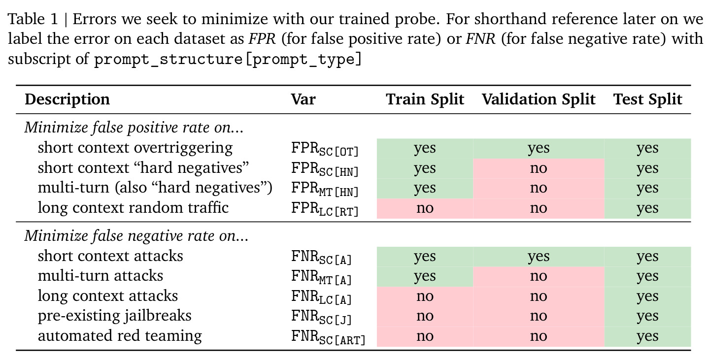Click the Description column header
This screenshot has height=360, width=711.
pos(68,99)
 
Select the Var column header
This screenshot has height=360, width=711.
pos(303,99)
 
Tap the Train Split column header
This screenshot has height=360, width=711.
pos(425,99)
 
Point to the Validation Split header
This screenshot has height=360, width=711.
pos(539,99)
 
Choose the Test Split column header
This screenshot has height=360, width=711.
pos(647,99)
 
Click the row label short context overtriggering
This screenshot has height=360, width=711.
pos(135,148)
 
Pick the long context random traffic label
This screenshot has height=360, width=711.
pos(134,208)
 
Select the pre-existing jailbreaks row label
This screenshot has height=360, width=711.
pos(115,316)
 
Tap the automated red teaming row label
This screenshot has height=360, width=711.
pos(120,336)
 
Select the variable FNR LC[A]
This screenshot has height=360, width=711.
pos(321,297)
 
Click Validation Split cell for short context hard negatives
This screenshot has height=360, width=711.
pos(539,168)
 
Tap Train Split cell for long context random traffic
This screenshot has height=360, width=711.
pos(425,208)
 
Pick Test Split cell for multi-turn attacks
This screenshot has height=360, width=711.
pos(647,276)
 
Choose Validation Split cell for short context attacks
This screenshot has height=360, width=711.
pos(539,257)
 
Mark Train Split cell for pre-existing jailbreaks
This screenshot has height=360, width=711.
pos(425,316)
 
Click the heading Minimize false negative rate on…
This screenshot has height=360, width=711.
pos(136,236)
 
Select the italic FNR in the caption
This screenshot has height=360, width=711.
pos(480,39)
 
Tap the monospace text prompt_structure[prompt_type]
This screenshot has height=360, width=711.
pos(228,59)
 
